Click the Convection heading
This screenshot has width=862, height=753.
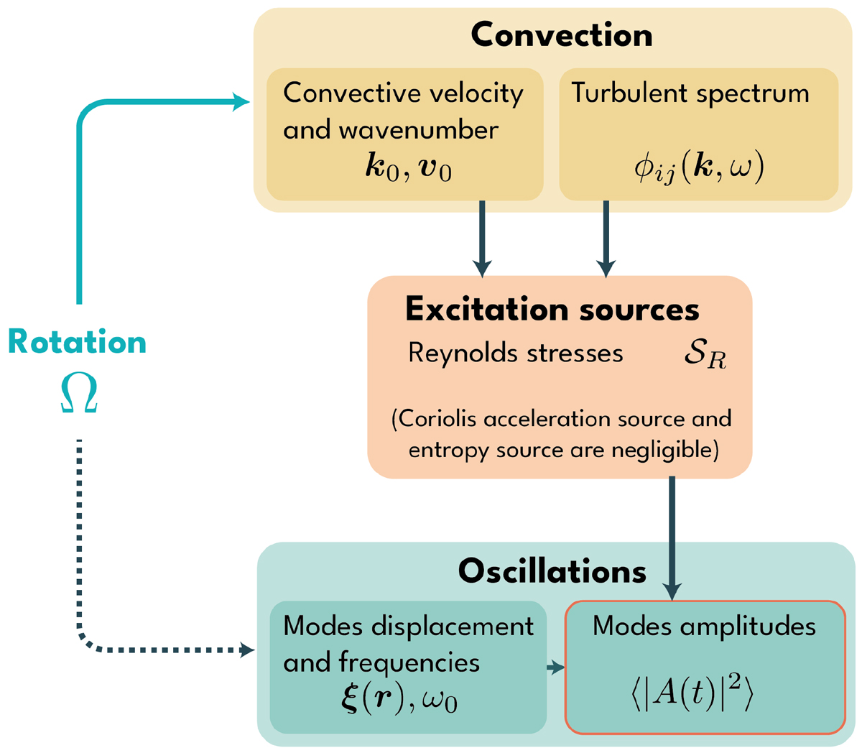point(561,35)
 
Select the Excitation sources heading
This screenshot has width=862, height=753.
point(552,309)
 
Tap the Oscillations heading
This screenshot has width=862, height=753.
point(552,571)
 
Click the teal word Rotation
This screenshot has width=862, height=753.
point(78,342)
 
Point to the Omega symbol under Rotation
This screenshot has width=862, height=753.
point(78,395)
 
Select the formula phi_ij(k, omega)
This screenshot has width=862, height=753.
point(699,170)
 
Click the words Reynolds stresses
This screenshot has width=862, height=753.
point(515,353)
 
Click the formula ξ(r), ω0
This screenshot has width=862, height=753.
point(399,698)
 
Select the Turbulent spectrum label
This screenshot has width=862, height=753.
point(690,93)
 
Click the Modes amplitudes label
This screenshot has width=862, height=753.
point(704,626)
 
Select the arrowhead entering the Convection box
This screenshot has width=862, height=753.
point(243,103)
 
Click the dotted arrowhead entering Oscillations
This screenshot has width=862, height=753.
point(247,651)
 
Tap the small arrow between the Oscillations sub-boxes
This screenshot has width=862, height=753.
point(556,668)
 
